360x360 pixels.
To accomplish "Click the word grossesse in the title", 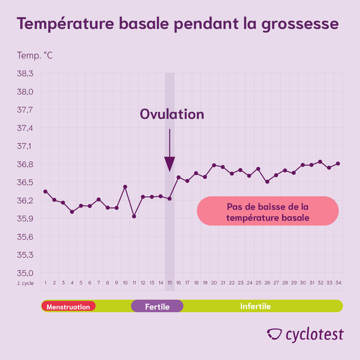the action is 300,24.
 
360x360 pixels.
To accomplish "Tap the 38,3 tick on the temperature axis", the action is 25,74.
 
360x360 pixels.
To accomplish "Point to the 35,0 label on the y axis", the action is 25,273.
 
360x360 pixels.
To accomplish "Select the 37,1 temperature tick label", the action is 24,146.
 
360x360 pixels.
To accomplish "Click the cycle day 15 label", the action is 169,283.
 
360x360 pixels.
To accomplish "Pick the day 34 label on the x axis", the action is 338,283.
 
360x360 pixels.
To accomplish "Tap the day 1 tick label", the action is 45,283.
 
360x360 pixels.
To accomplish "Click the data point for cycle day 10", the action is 125,187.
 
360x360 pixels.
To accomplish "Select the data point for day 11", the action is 134,216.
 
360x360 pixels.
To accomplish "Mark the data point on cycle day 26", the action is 267,182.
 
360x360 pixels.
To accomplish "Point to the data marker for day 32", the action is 320,162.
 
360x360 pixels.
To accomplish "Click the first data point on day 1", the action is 45,192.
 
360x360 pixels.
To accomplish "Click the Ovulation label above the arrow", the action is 172,114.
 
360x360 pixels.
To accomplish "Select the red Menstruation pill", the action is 68,306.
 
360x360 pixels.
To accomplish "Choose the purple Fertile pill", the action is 157,306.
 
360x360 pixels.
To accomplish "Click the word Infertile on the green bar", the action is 255,306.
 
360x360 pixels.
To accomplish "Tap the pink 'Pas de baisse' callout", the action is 268,211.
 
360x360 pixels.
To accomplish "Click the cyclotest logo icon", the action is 274,334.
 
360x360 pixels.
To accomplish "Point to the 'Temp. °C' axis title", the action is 35,55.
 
